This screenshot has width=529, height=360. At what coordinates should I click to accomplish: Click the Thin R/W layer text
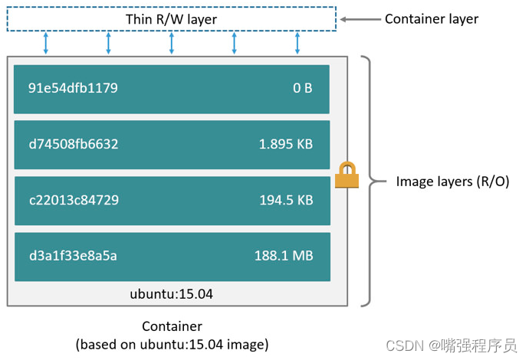pyautogui.click(x=171, y=18)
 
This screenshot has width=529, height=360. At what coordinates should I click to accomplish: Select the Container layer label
pyautogui.click(x=431, y=18)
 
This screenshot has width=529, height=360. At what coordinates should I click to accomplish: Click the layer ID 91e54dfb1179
pyautogui.click(x=73, y=88)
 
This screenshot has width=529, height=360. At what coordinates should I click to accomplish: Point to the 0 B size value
pyautogui.click(x=302, y=88)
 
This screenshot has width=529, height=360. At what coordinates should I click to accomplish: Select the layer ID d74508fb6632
pyautogui.click(x=74, y=144)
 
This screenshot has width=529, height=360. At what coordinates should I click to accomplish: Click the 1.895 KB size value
pyautogui.click(x=285, y=144)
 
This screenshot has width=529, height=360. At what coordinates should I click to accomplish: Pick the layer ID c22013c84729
pyautogui.click(x=74, y=201)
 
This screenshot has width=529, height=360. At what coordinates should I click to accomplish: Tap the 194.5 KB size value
pyautogui.click(x=285, y=201)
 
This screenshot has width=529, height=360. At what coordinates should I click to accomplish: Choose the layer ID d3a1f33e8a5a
pyautogui.click(x=73, y=256)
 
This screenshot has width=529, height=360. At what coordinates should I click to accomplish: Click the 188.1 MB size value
pyautogui.click(x=283, y=256)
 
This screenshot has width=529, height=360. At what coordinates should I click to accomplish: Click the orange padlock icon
pyautogui.click(x=347, y=175)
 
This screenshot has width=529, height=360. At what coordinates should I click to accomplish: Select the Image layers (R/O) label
pyautogui.click(x=452, y=182)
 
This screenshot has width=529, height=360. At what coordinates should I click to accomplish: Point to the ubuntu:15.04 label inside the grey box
pyautogui.click(x=172, y=294)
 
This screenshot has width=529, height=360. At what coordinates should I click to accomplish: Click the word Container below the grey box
pyautogui.click(x=172, y=326)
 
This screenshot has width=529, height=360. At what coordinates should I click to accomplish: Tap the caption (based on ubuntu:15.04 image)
pyautogui.click(x=172, y=344)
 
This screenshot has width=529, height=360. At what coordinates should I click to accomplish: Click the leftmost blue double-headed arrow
pyautogui.click(x=46, y=44)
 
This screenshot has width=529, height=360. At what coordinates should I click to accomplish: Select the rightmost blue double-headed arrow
pyautogui.click(x=297, y=44)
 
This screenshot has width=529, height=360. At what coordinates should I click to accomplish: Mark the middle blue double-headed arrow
pyautogui.click(x=172, y=44)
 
